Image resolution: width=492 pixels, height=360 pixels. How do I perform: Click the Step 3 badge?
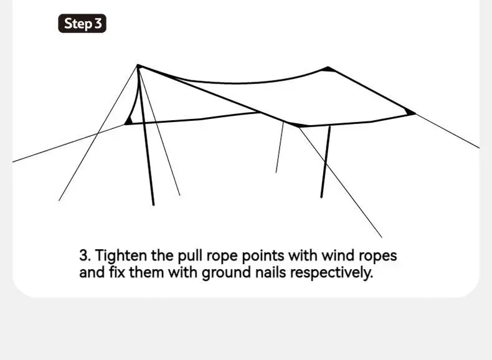coord(82,24)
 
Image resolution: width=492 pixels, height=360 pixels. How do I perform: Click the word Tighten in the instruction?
coord(121,255)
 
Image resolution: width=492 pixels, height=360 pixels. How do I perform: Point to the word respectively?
coord(331,272)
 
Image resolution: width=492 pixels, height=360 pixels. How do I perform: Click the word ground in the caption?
coord(226,272)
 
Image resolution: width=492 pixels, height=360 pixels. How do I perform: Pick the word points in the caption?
coord(263,256)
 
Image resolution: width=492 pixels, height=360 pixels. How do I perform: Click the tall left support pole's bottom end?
coord(153,205)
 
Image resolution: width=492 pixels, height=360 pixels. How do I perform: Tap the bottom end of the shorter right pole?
coord(321,197)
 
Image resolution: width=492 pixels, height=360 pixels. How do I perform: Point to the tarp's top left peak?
coord(138,65)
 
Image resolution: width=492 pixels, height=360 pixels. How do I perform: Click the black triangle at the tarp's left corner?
coord(128,121)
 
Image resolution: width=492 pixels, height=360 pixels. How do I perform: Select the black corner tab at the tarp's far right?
coord(410,111)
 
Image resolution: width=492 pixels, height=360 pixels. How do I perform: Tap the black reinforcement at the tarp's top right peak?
coord(328,69)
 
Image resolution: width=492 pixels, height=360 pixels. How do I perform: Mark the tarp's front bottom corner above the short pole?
coord(298,125)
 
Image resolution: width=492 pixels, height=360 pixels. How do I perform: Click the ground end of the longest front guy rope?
coord(382,237)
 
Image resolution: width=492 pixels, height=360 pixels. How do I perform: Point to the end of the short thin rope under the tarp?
coord(276,173)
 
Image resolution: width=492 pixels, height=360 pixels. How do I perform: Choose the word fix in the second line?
coord(117,272)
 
